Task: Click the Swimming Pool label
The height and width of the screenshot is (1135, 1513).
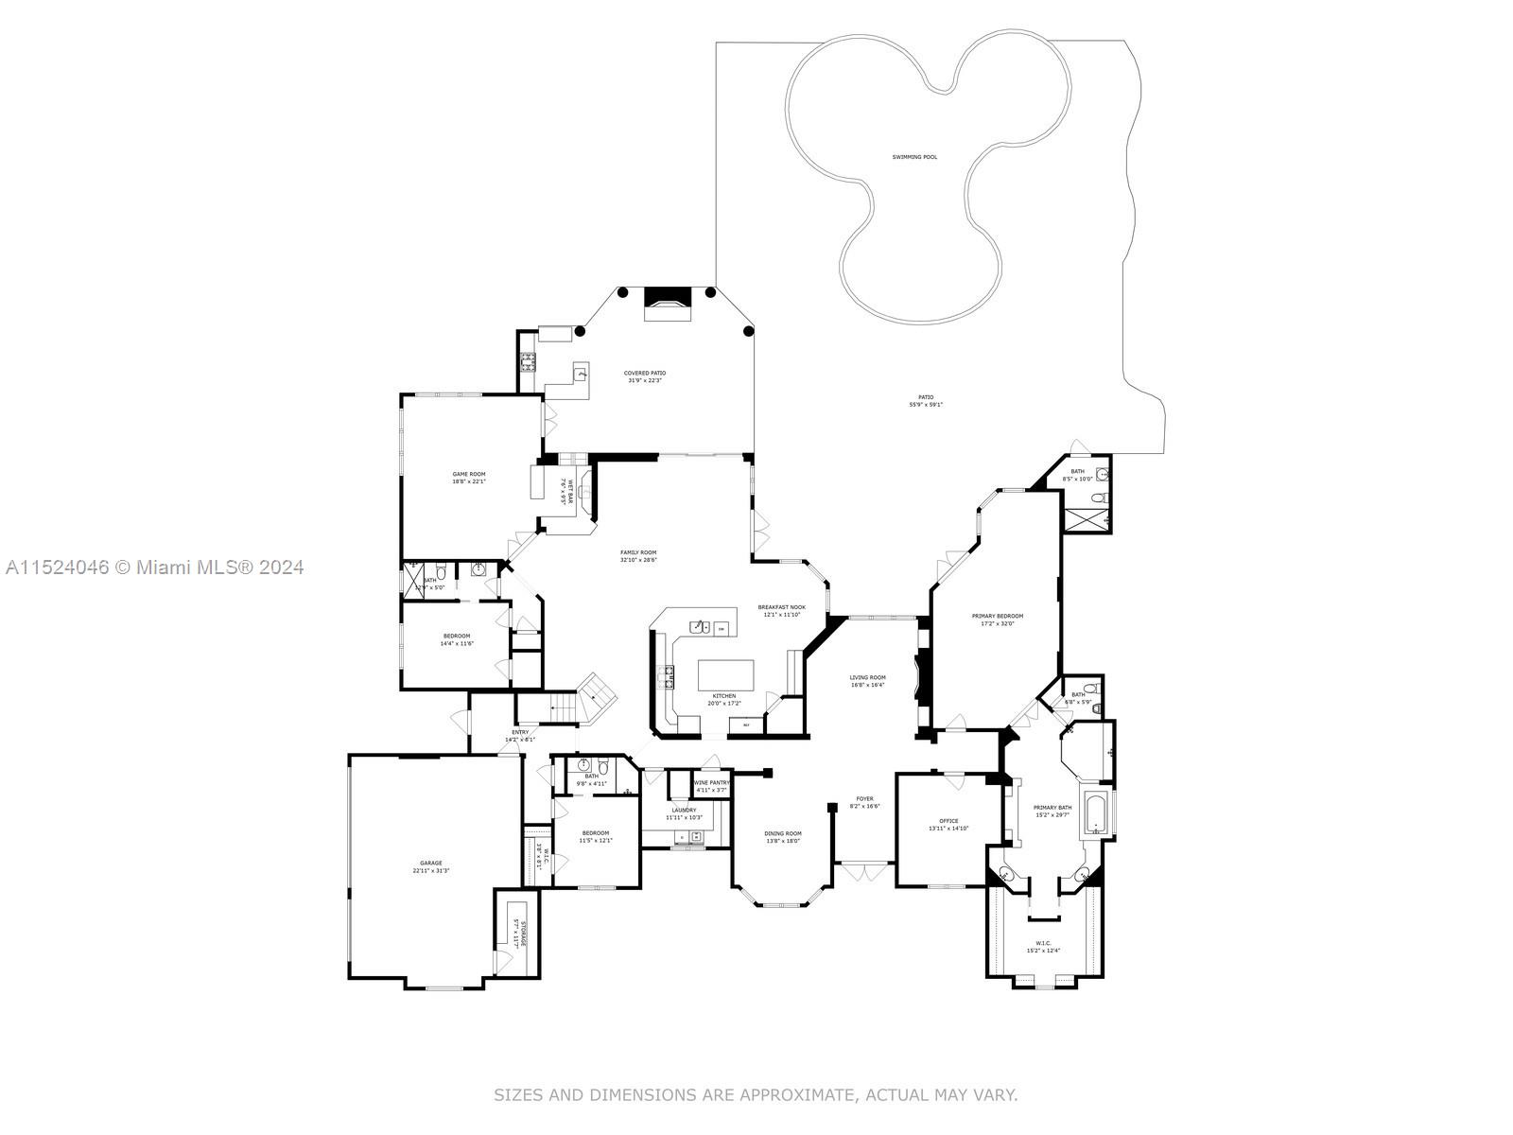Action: [x=914, y=157]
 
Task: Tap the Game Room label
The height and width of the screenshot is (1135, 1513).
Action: [x=468, y=474]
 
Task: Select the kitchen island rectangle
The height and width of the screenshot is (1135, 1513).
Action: [x=726, y=675]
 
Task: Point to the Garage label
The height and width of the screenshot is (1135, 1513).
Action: [x=430, y=863]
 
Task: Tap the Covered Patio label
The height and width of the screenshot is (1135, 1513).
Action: [x=644, y=373]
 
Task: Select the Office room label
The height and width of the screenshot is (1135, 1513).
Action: [x=948, y=821]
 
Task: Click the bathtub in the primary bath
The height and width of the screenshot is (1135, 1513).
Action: [x=1096, y=814]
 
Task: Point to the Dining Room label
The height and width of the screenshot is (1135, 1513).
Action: [x=783, y=833]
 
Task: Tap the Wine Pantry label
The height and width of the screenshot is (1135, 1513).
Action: [x=712, y=782]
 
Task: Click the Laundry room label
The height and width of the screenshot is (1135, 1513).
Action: [x=684, y=810]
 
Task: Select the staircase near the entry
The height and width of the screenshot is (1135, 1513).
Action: [x=595, y=697]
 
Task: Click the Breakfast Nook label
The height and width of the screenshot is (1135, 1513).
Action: [x=781, y=607]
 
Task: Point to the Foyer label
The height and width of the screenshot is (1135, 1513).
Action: [x=864, y=798]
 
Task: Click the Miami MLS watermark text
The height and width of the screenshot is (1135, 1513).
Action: [x=155, y=567]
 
